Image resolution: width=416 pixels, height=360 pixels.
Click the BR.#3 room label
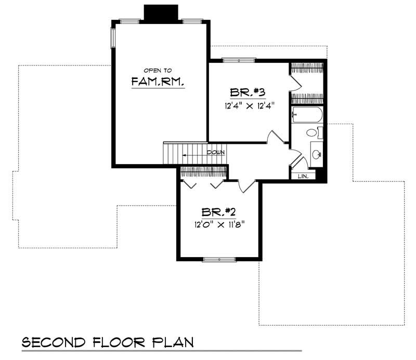(248, 92)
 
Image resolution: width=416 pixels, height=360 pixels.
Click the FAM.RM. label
(158, 82)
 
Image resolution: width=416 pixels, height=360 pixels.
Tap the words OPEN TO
(158, 70)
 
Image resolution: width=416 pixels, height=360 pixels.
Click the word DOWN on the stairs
(215, 153)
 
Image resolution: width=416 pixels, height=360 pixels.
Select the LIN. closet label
(303, 177)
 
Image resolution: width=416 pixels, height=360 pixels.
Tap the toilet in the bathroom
(313, 133)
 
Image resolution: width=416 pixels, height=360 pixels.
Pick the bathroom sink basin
(316, 154)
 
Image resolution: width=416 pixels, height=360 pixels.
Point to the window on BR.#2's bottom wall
(219, 259)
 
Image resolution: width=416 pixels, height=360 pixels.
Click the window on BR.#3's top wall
(239, 61)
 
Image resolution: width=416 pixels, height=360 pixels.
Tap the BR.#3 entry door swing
(276, 137)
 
